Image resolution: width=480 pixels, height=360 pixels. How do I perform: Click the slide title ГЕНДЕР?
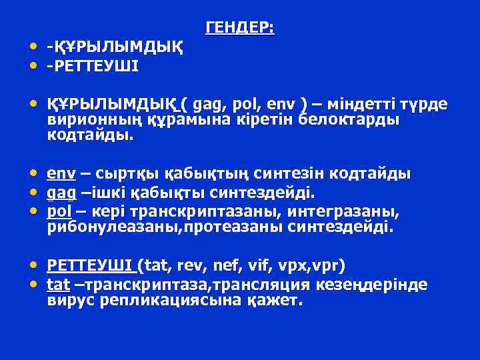tap(240, 27)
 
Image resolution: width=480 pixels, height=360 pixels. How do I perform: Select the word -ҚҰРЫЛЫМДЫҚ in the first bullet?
tap(115, 48)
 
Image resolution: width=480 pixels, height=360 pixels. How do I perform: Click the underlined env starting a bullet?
tap(61, 174)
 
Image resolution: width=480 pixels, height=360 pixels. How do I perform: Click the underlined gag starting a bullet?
tap(61, 193)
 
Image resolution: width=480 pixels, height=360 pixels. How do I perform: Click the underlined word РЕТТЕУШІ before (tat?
tap(90, 267)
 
